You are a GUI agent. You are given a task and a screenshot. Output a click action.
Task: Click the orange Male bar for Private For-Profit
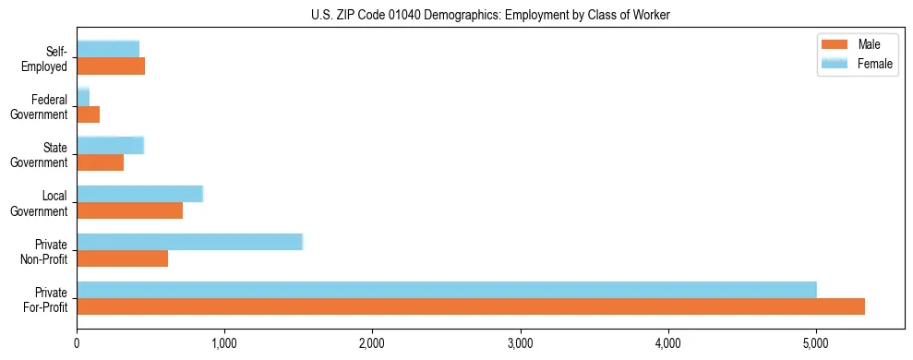point(471,306)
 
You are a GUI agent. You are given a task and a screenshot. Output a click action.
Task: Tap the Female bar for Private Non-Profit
point(189,242)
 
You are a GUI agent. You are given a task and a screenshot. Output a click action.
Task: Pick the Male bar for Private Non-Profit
point(122,258)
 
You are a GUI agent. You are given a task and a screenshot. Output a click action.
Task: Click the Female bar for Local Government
point(139,194)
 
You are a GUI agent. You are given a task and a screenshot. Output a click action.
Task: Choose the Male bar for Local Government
point(129,210)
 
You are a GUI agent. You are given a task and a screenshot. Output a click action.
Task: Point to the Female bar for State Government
point(110,145)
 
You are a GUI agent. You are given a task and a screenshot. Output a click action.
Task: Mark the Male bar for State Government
point(100,162)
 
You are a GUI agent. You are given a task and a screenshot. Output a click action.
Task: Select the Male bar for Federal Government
point(88,114)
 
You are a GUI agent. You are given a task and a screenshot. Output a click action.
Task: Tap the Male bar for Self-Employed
point(111,66)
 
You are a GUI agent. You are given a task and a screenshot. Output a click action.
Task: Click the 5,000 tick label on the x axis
point(815,343)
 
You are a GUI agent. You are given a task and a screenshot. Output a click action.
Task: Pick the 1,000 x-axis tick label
point(224,343)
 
